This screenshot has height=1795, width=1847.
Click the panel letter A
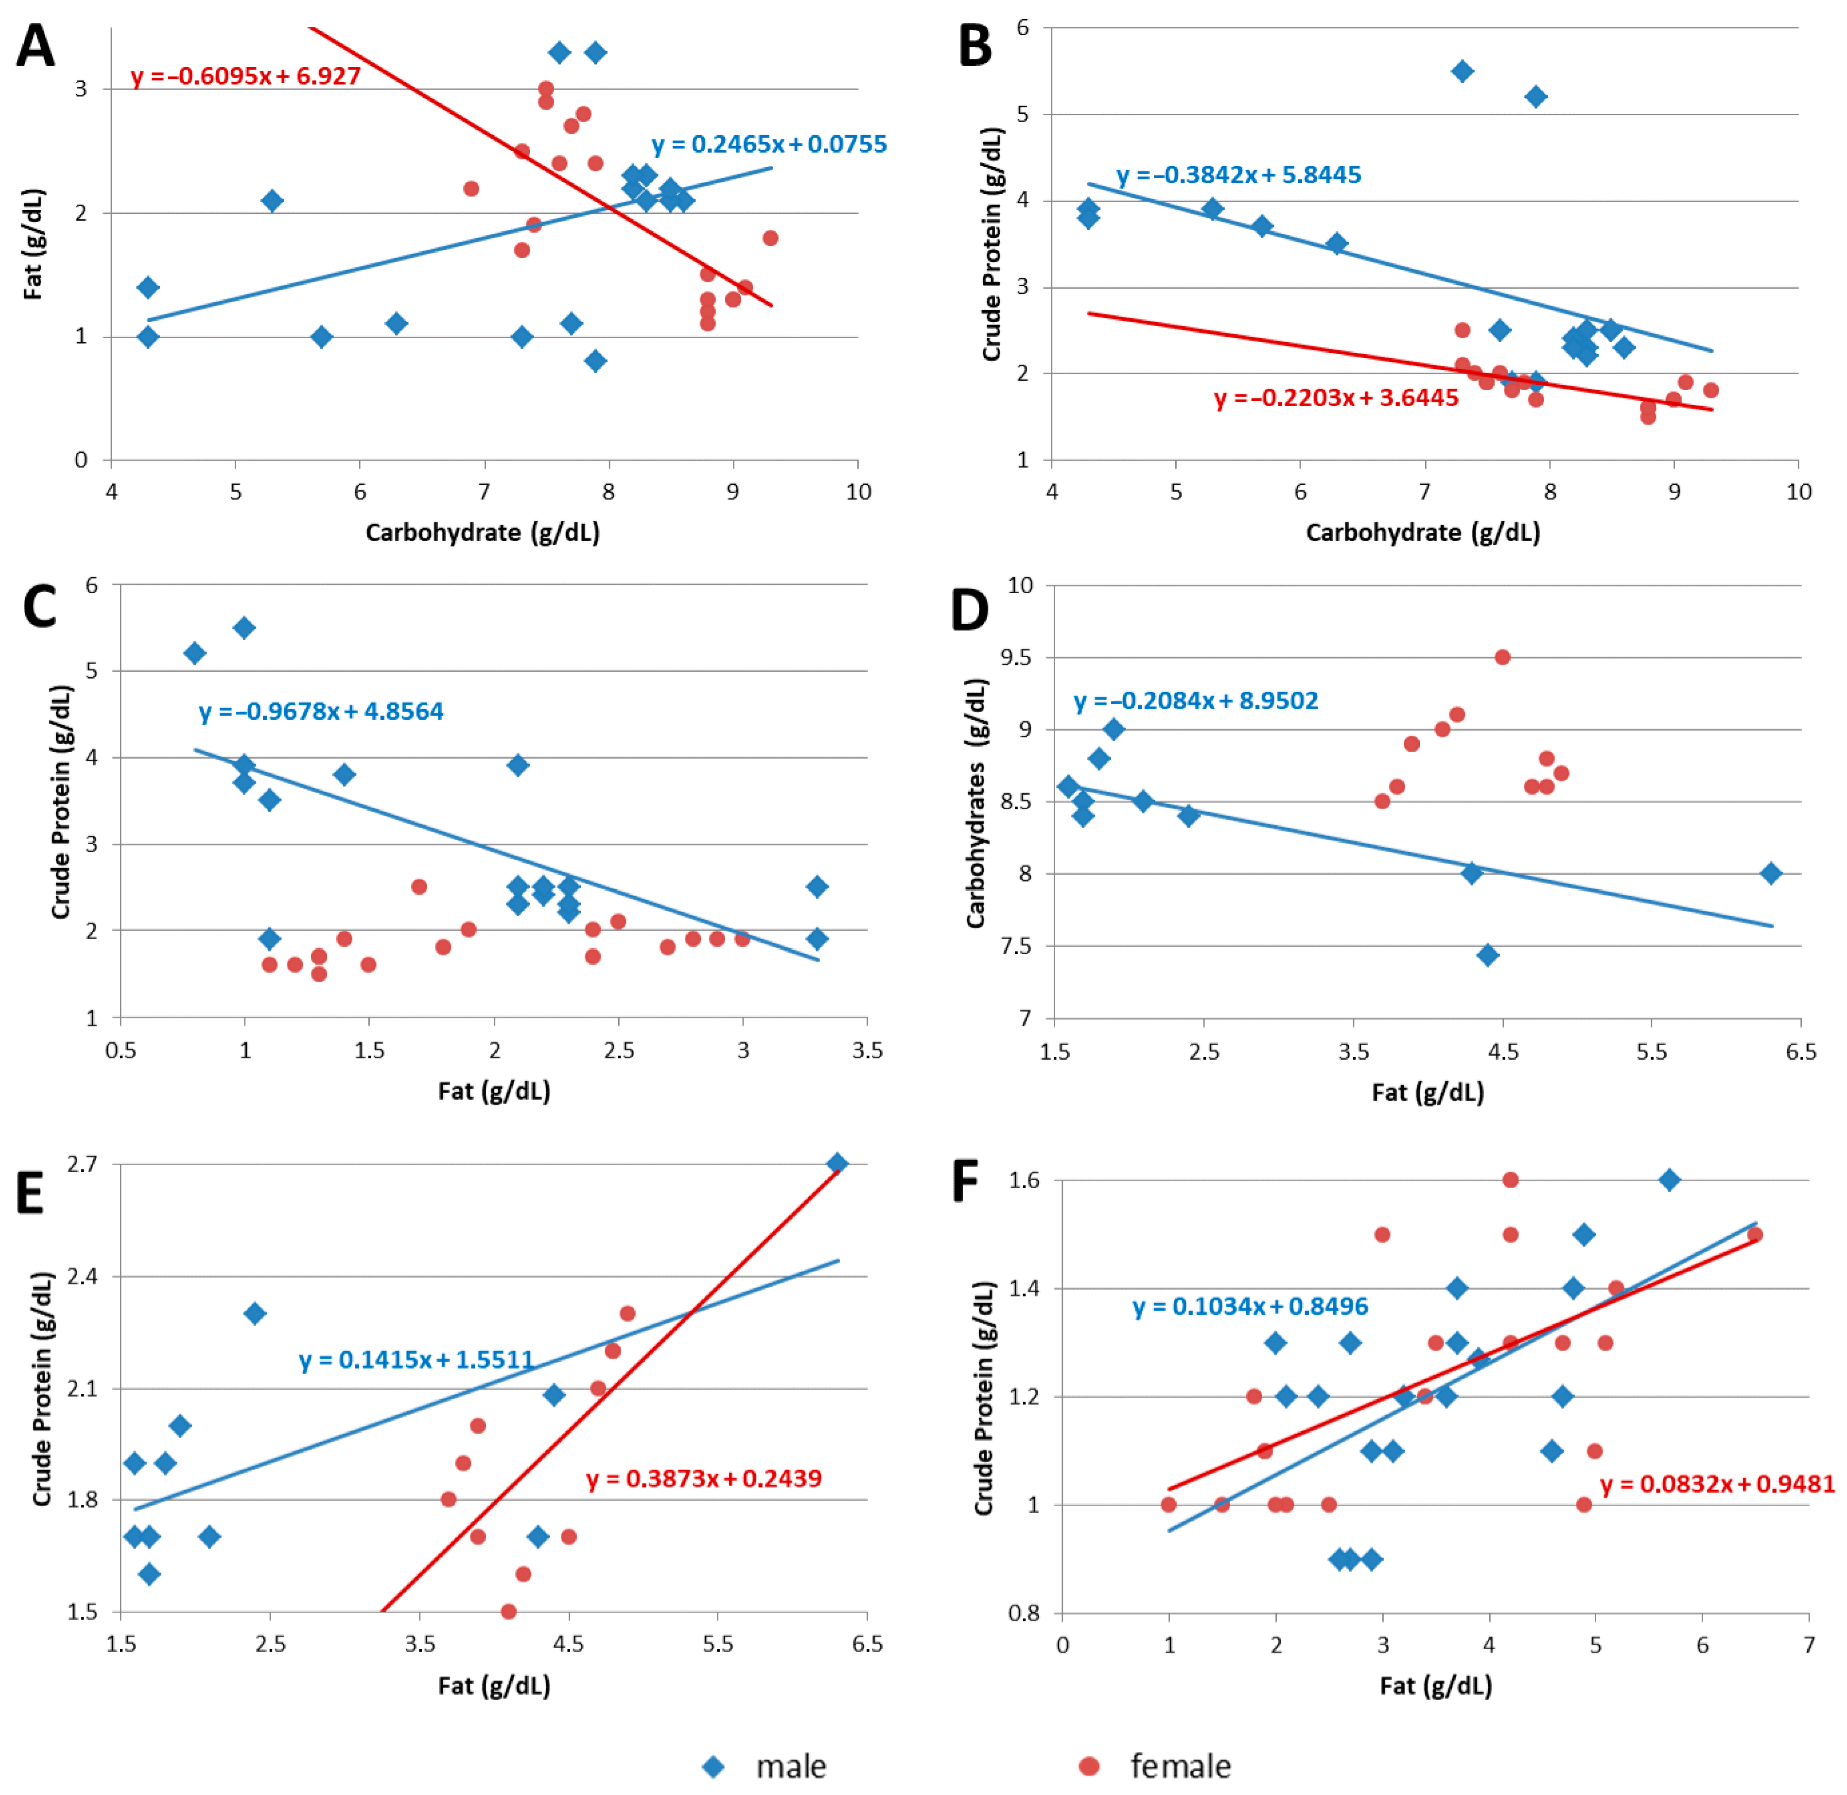(36, 46)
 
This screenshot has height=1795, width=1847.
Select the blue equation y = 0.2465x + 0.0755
(769, 144)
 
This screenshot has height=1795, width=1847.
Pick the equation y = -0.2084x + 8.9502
(1195, 701)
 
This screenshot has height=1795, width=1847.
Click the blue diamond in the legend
(714, 1766)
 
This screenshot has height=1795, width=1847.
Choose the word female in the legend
(1180, 1766)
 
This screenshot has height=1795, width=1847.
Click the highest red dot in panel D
(1502, 657)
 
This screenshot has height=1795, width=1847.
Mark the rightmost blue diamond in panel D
(1771, 873)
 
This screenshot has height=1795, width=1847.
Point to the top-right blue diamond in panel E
(836, 1163)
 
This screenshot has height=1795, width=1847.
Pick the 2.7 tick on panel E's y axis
(82, 1163)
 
